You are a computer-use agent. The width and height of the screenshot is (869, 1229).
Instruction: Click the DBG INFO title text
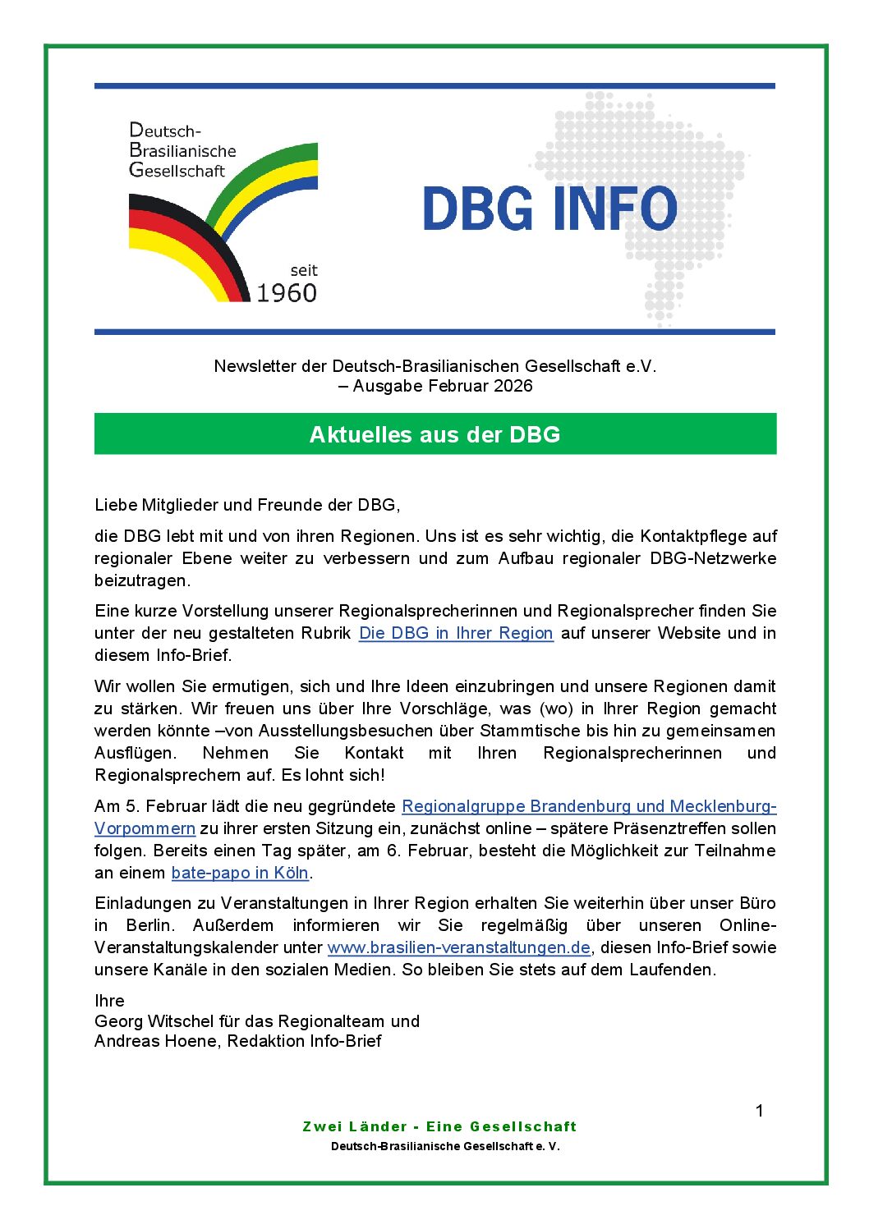pyautogui.click(x=549, y=209)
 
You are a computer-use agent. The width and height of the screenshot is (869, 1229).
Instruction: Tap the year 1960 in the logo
pyautogui.click(x=286, y=293)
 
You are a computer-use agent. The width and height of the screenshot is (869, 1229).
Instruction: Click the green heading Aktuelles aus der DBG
pyautogui.click(x=434, y=434)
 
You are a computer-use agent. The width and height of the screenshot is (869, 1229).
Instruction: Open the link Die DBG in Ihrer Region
pyautogui.click(x=456, y=633)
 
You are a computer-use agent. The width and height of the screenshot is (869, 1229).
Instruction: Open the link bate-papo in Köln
pyautogui.click(x=240, y=873)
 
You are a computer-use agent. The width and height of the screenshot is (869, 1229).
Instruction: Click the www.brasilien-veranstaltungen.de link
pyautogui.click(x=458, y=947)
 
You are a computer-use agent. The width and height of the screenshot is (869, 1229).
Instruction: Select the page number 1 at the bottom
pyautogui.click(x=759, y=1111)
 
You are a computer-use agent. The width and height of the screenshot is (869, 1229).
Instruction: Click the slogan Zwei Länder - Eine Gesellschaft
pyautogui.click(x=439, y=1126)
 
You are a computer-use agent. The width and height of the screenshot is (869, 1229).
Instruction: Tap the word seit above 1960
pyautogui.click(x=303, y=270)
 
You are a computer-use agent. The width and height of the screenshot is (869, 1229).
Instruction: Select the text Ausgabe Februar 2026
pyautogui.click(x=442, y=386)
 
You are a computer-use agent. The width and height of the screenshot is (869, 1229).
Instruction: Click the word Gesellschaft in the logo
pyautogui.click(x=177, y=171)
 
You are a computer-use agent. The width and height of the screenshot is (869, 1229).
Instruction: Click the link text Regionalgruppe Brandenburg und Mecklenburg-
pyautogui.click(x=588, y=806)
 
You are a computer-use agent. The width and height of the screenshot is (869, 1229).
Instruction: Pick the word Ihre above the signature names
pyautogui.click(x=109, y=1001)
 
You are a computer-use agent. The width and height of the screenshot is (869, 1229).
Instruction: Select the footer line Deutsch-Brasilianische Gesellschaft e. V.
pyautogui.click(x=445, y=1146)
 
